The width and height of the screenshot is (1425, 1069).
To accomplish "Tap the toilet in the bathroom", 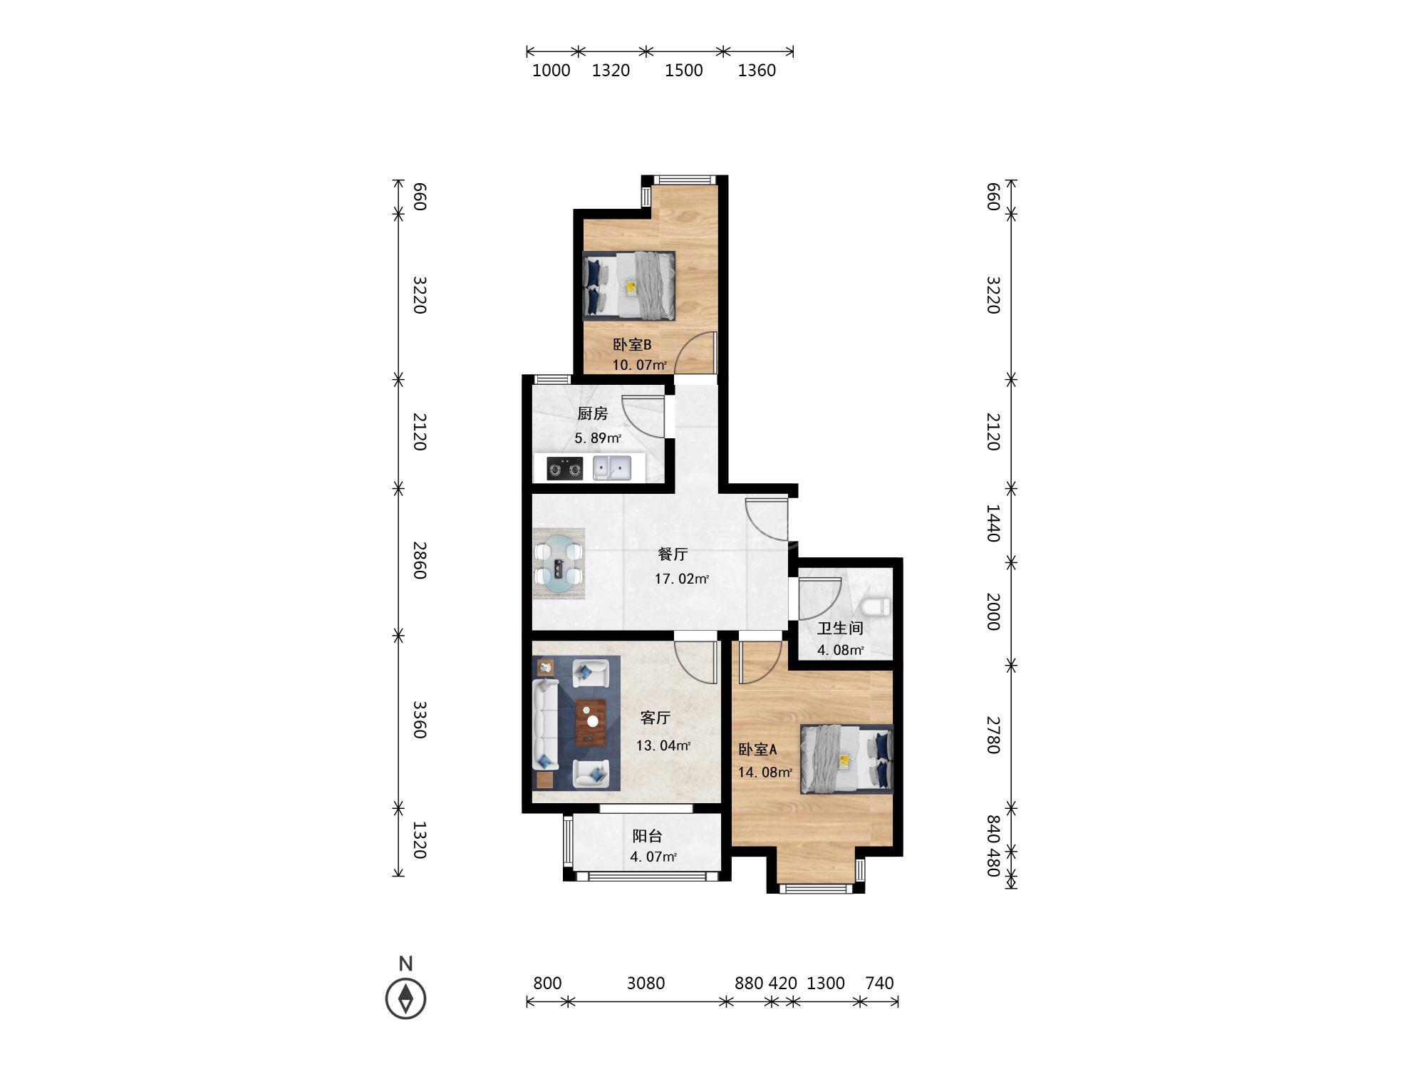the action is [x=876, y=607].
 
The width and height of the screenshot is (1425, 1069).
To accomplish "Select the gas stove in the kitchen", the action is [x=564, y=469].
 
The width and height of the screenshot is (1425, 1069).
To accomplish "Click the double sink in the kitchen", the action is [x=612, y=468].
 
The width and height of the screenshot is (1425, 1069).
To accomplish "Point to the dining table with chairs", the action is [x=559, y=564].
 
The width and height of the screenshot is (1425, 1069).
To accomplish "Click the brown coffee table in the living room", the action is [x=591, y=721].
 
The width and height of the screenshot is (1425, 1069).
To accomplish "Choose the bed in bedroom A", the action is [x=846, y=758].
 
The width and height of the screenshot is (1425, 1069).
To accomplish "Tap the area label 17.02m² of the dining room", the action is [x=682, y=579].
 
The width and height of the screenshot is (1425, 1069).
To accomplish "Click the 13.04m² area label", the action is [x=663, y=746].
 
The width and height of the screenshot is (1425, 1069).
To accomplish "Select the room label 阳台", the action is [x=648, y=837].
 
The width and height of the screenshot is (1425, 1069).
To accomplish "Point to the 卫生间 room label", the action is [x=840, y=628].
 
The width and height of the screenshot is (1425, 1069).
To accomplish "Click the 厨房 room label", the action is [x=592, y=414].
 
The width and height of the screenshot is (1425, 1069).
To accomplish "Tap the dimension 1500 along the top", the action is [x=684, y=70].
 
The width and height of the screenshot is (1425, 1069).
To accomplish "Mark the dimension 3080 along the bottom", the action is [x=646, y=983].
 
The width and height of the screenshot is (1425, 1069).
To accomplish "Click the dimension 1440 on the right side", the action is [x=993, y=523].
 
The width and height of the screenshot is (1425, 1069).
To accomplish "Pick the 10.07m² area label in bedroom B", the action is [x=640, y=366].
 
